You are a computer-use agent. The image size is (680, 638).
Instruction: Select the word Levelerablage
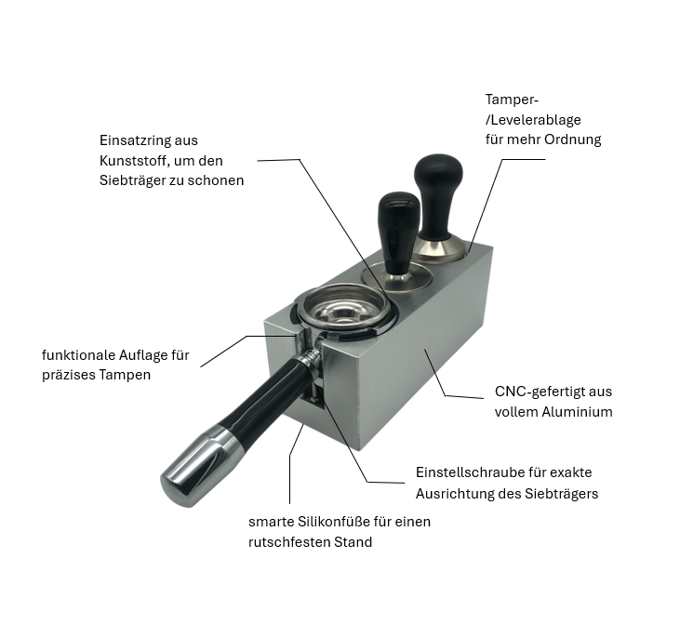[536, 120]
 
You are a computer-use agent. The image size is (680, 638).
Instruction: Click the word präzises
[68, 375]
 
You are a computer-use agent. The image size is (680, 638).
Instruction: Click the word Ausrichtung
[452, 494]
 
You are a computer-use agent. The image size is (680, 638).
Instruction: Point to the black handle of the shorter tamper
[398, 230]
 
